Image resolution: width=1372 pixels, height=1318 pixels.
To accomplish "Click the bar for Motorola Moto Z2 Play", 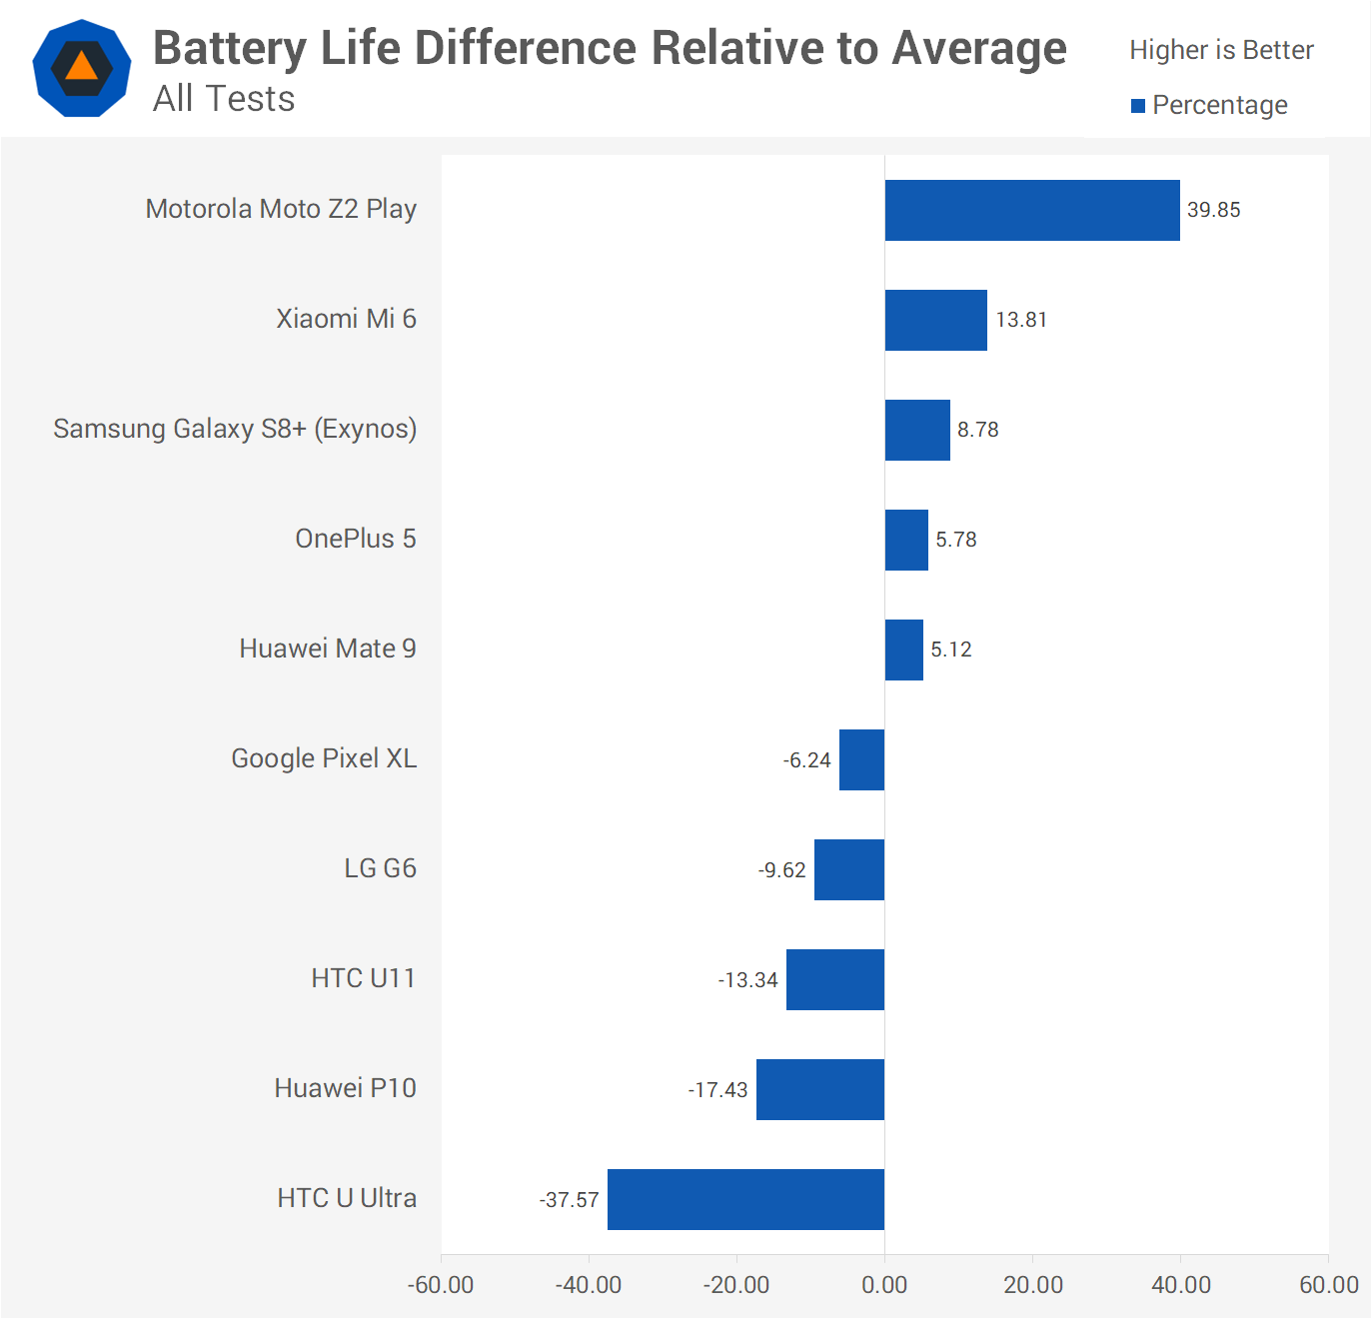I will coord(1031,210).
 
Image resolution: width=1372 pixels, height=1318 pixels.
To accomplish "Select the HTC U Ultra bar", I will coord(745,1199).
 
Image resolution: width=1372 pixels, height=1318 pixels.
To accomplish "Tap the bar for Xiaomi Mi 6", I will coord(935,320).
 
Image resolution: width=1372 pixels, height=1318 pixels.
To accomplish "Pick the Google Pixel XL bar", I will coord(861,759).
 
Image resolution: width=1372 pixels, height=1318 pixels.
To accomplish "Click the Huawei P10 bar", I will coord(819,1089).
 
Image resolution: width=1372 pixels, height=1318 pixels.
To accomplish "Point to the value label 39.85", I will coord(1213,210).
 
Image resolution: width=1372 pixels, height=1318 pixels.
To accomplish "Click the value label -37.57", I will coord(569,1199).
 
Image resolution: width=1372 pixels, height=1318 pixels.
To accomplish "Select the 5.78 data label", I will coord(955,540).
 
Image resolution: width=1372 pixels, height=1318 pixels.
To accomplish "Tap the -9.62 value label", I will coord(781,870).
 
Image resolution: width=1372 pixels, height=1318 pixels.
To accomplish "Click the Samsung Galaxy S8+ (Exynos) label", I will coord(235,429).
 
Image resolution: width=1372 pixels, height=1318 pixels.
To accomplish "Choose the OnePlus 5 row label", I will coord(355,539).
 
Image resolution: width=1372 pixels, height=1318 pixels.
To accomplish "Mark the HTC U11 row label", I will coord(363,978).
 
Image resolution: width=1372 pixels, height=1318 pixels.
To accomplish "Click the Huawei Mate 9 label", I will coord(327,649).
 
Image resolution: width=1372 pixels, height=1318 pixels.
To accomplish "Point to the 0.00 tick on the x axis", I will coord(884,1285).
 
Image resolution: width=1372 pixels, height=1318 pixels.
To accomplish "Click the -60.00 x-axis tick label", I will coord(441,1285).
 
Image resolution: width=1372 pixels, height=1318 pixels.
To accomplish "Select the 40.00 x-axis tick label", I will coord(1180,1285).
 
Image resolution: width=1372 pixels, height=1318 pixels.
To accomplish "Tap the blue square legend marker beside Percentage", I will coord(1137,106).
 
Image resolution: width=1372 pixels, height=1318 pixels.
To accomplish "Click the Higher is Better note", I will coord(1220,50).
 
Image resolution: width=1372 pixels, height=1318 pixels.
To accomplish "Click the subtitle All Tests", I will coord(224,99).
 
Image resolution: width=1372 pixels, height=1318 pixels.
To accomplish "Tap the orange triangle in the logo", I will coord(82,68).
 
